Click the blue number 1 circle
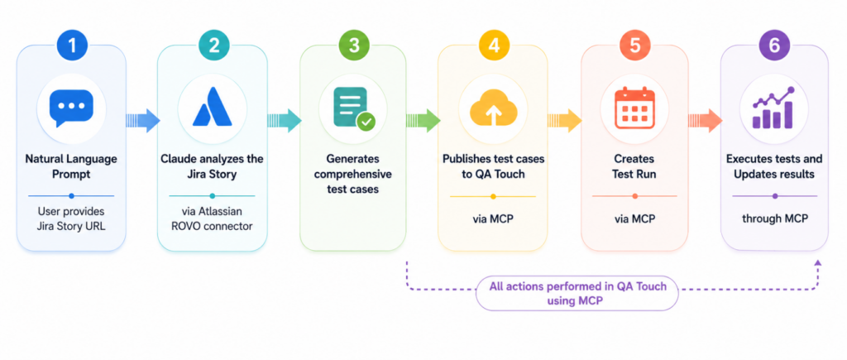click(x=71, y=45)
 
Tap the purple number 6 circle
click(x=774, y=45)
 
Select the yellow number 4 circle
click(x=493, y=45)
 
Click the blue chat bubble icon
click(x=71, y=108)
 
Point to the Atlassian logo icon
click(x=213, y=107)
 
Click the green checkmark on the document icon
click(x=367, y=122)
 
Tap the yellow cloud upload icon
click(x=493, y=108)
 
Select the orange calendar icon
click(x=634, y=108)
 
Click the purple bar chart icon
click(x=774, y=108)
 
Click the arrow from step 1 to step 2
click(x=142, y=121)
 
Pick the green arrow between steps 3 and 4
click(x=423, y=121)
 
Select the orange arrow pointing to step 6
click(x=705, y=121)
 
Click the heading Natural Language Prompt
click(x=71, y=167)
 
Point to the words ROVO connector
click(x=213, y=226)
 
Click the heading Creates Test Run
click(x=634, y=167)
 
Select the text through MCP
click(x=774, y=218)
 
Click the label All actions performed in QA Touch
click(x=577, y=286)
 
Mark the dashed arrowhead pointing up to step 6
click(x=817, y=262)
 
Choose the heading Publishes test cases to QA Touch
click(x=493, y=167)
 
